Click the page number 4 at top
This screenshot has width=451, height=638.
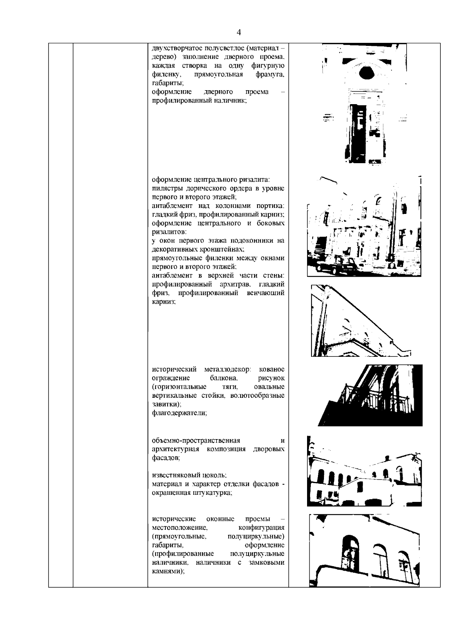[239, 32]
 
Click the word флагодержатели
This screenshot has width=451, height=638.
[179, 413]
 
